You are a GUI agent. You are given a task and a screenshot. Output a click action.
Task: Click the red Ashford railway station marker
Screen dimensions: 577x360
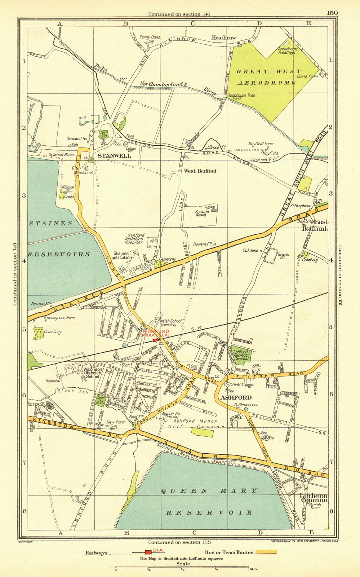point(156,340)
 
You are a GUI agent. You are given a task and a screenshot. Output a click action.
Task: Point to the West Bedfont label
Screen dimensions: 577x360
point(200,171)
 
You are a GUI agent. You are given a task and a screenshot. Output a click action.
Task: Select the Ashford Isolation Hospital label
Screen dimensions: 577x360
point(134,239)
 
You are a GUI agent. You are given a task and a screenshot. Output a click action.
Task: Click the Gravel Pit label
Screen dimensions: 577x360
point(284,256)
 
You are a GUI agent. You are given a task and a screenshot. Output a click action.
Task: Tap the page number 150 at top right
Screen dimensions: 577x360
point(332,13)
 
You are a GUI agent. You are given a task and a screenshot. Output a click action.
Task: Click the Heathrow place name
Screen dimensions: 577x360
point(223,38)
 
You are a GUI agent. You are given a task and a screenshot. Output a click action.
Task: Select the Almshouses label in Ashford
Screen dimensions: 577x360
point(248,405)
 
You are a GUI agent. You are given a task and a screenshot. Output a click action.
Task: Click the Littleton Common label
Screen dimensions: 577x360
point(314,498)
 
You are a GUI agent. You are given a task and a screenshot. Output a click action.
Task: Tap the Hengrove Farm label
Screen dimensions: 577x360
point(60,318)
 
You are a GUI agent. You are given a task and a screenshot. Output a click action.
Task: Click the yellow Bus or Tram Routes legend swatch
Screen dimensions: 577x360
point(266,552)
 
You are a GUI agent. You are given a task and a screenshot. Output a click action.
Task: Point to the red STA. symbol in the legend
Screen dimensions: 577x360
point(148,552)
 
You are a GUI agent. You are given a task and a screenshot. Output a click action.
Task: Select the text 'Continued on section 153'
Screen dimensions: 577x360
point(179,542)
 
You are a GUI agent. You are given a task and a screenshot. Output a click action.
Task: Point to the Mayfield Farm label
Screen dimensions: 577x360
point(261,144)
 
